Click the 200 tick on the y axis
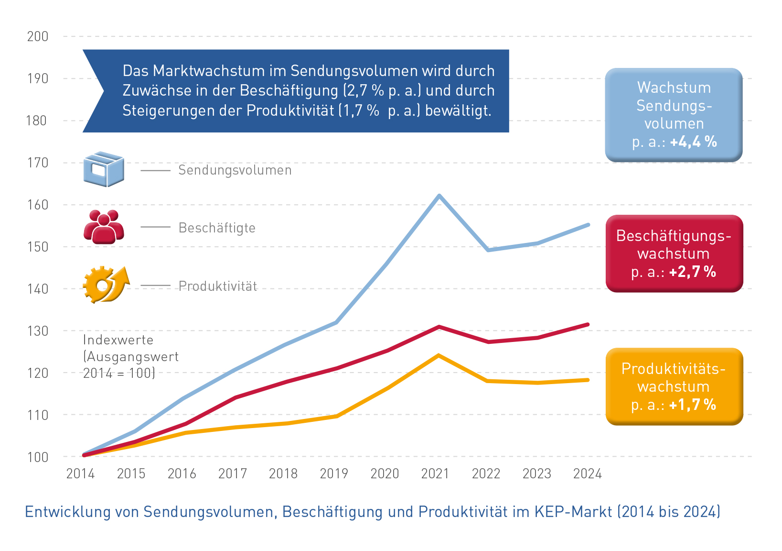[x=38, y=36]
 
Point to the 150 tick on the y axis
[x=38, y=247]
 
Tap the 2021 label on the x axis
[x=435, y=474]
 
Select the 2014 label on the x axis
[x=80, y=474]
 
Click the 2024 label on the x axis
[x=587, y=474]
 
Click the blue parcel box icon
[x=104, y=169]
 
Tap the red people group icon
[x=104, y=227]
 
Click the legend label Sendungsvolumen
[x=235, y=170]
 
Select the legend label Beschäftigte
[x=217, y=228]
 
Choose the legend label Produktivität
[x=218, y=286]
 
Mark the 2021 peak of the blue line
[x=439, y=196]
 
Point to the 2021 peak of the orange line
[x=438, y=355]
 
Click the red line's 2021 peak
[x=439, y=327]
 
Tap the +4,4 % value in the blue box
[x=693, y=142]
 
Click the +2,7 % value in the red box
[x=692, y=272]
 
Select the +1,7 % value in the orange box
[x=692, y=405]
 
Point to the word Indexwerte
[x=118, y=340]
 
